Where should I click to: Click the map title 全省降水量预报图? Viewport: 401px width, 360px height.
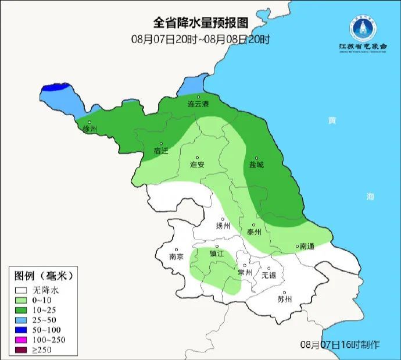point(201,23)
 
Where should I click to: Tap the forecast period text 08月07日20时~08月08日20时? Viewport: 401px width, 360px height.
point(201,39)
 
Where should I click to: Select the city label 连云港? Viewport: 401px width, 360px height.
point(198,105)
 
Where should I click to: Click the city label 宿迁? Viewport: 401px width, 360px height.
point(161,151)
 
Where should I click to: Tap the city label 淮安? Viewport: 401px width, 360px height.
point(198,165)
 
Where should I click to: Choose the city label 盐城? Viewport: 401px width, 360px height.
point(256,165)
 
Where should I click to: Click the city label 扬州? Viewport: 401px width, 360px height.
point(223,226)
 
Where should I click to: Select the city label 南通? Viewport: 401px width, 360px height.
point(306,246)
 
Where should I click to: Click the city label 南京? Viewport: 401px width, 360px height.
point(176,256)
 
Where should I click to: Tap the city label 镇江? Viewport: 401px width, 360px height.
point(217,254)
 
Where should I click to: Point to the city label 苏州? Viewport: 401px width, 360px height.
point(284,300)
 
